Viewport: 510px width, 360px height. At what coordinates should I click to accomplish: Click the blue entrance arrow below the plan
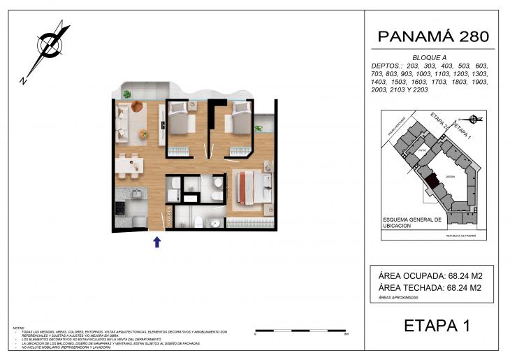tap(157, 242)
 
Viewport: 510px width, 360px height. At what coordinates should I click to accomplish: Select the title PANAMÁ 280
tap(432, 36)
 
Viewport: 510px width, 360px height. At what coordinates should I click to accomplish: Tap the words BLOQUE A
tap(430, 57)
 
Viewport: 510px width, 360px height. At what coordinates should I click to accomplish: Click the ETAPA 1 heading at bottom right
tap(437, 325)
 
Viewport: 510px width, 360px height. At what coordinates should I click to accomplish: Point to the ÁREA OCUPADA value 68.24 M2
tap(460, 275)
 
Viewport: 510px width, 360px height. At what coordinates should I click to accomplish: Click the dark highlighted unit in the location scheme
tap(432, 181)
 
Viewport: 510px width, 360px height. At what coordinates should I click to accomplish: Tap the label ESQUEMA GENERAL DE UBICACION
tap(412, 223)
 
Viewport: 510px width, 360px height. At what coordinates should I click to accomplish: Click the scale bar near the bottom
tap(301, 330)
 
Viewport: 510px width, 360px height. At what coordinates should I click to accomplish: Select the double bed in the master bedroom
tap(249, 187)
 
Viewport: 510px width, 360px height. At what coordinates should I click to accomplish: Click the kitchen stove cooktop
tap(120, 208)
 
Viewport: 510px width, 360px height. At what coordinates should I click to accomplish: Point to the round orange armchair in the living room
tap(136, 106)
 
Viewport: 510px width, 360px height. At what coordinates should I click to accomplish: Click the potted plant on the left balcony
tap(127, 94)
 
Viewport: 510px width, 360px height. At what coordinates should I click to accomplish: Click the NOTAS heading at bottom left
tap(19, 327)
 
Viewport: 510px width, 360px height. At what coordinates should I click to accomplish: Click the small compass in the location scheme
tap(474, 119)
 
